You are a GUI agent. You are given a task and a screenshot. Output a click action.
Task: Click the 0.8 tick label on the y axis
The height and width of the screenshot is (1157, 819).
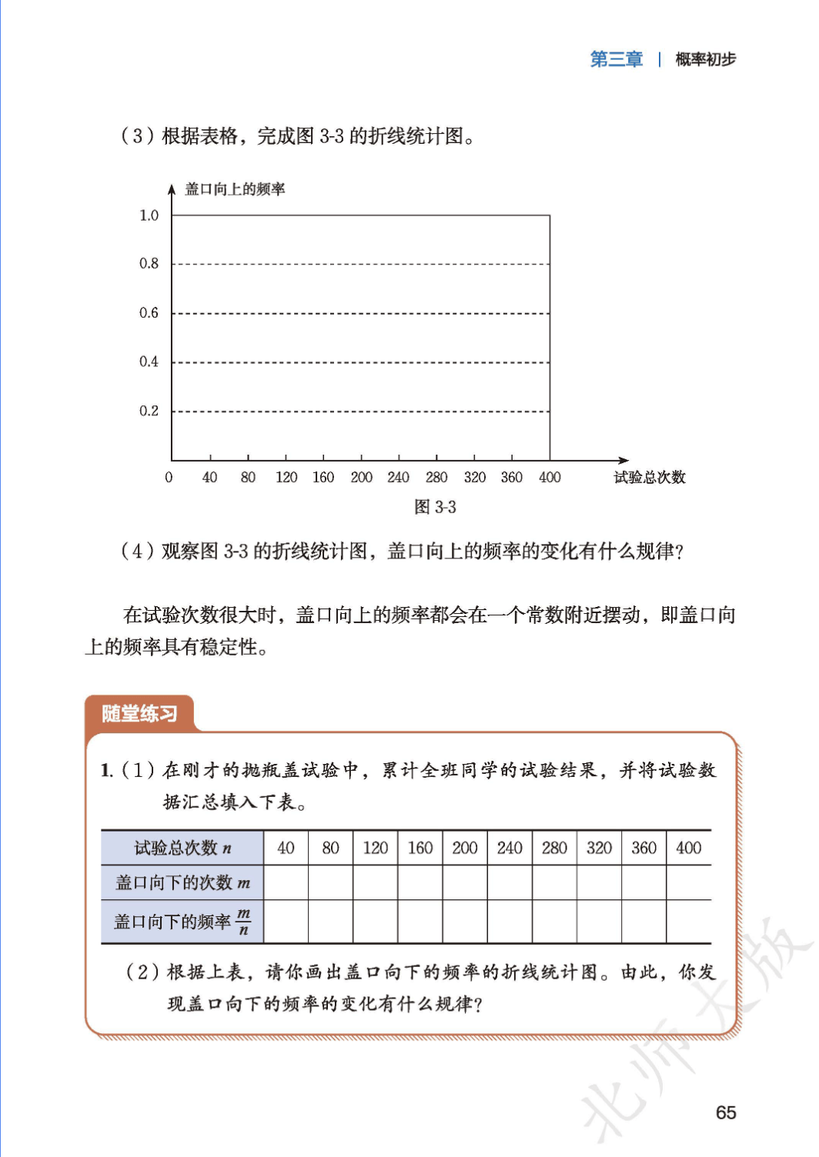click(x=149, y=264)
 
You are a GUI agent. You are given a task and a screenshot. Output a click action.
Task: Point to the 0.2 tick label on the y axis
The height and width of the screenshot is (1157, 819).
click(x=149, y=411)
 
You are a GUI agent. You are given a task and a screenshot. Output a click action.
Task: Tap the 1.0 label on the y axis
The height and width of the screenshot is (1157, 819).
click(x=149, y=215)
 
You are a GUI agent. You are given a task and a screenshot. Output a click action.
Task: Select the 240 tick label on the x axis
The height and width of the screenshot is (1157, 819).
click(x=398, y=478)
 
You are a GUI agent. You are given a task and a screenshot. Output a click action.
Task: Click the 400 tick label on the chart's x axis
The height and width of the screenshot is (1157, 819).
click(x=550, y=478)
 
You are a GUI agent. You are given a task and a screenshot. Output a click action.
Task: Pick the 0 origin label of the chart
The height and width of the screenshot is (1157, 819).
click(x=169, y=478)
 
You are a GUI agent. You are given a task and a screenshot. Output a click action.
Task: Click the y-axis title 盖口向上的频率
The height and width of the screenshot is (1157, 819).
click(x=235, y=189)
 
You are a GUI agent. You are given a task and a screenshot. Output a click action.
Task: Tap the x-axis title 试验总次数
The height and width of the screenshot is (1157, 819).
click(x=649, y=478)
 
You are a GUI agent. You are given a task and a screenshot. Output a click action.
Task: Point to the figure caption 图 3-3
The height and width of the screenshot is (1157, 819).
click(x=435, y=507)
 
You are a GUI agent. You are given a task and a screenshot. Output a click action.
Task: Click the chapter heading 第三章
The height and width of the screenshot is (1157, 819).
click(x=616, y=59)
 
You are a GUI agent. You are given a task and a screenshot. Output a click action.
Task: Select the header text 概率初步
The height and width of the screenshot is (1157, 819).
click(x=705, y=59)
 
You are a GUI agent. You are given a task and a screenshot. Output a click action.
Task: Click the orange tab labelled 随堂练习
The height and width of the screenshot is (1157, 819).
click(x=139, y=714)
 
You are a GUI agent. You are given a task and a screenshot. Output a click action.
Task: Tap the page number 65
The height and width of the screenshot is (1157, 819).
click(x=725, y=1112)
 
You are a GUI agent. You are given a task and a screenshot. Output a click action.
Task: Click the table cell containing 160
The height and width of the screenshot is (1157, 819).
click(x=420, y=848)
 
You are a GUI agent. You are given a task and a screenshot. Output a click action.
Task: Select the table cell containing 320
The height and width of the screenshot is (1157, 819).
click(x=599, y=848)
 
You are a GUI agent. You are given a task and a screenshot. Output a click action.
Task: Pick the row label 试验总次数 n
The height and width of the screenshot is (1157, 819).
click(x=182, y=848)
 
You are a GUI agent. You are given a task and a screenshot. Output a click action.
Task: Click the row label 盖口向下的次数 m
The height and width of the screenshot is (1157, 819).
click(x=182, y=883)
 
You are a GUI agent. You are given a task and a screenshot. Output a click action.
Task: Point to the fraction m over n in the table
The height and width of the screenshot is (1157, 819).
click(x=243, y=921)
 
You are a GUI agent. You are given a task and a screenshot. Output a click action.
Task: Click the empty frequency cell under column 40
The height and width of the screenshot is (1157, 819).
click(x=286, y=922)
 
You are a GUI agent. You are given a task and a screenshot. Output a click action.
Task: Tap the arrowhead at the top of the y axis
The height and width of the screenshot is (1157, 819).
click(x=172, y=189)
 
